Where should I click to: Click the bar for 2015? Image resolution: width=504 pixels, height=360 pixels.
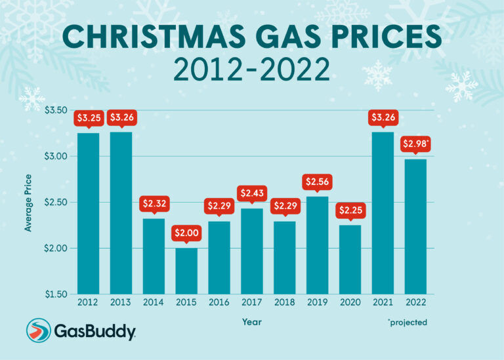[x=186, y=271]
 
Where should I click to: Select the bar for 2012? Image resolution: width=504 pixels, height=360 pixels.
[x=89, y=213]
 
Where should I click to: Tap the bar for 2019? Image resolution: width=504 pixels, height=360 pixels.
[x=317, y=245]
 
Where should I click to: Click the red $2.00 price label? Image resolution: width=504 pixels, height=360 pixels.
[x=186, y=233]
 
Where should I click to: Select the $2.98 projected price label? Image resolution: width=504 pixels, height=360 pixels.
[x=416, y=144]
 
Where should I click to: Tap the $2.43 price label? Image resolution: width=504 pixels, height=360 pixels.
[x=252, y=193]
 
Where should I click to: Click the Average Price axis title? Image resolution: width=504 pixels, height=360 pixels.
[x=28, y=202]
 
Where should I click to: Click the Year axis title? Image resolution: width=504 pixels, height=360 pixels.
[x=251, y=322]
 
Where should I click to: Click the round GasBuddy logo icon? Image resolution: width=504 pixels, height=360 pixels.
[x=39, y=331]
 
